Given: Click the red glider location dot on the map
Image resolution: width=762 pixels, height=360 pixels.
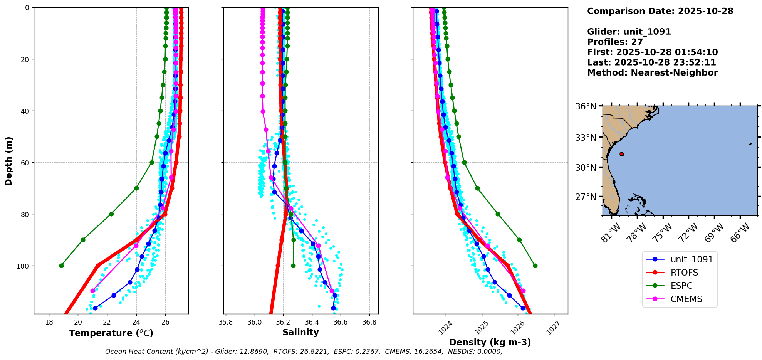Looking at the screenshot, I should pos(621,154).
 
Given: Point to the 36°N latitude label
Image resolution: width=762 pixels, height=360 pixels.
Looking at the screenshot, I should pos(586,106).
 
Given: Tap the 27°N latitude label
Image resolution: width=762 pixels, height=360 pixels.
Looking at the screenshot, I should pos(586,197).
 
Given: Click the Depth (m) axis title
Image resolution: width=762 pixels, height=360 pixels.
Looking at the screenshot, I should pos(9,161).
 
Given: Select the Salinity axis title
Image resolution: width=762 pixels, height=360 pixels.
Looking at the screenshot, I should pos(300,332).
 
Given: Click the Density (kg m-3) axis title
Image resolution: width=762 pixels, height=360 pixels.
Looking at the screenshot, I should pos(490,342).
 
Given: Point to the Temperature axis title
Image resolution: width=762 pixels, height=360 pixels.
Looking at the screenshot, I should pos(111,333).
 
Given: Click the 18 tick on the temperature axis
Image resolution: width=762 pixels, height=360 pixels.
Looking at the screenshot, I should pos(49,322).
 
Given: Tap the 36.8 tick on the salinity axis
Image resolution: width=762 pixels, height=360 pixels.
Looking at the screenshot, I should pos(369,322).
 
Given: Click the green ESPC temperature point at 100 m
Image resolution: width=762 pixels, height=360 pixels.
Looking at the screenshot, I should pos(61,266).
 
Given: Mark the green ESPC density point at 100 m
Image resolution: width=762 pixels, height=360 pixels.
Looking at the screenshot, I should pos(535,266).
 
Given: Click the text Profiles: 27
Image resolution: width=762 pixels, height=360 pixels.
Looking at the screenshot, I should pos(615,42).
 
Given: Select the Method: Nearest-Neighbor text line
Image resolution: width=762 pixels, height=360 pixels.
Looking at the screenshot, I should pos(652,73).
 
